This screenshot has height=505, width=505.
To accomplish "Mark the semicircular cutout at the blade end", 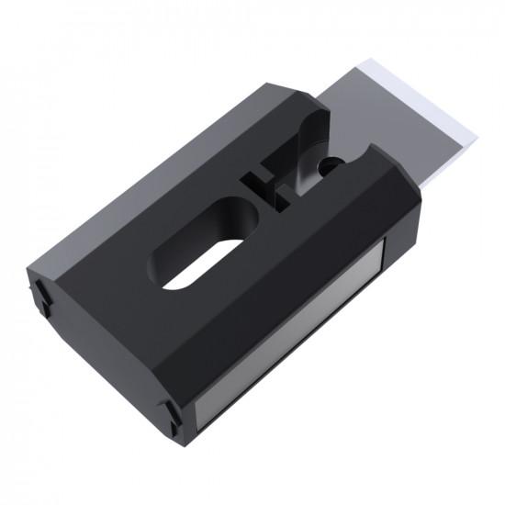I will (353, 156).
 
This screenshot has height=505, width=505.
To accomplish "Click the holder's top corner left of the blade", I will (271, 84).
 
